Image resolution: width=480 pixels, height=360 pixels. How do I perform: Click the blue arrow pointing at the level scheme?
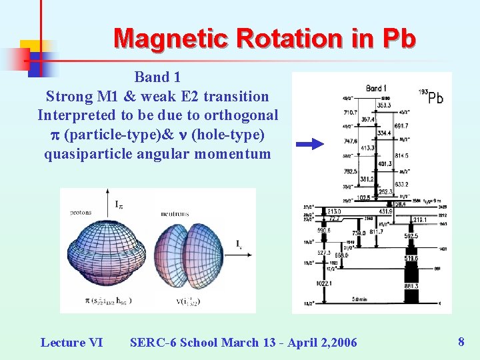pos(309,143)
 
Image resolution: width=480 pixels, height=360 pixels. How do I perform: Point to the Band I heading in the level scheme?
pos(377,88)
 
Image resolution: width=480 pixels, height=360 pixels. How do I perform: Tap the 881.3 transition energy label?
pos(410,286)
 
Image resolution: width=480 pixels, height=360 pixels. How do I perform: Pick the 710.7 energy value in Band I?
pos(351,113)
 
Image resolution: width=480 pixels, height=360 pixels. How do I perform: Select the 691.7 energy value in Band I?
pos(401,125)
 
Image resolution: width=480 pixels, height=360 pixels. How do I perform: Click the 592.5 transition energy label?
pos(410,235)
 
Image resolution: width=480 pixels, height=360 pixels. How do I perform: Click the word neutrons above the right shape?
pos(175,213)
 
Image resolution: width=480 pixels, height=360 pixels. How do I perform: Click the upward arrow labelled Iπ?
pos(107,203)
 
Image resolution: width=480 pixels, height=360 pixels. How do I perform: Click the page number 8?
pos(461,342)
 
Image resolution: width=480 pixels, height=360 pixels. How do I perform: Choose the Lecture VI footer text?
pos(71,343)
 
